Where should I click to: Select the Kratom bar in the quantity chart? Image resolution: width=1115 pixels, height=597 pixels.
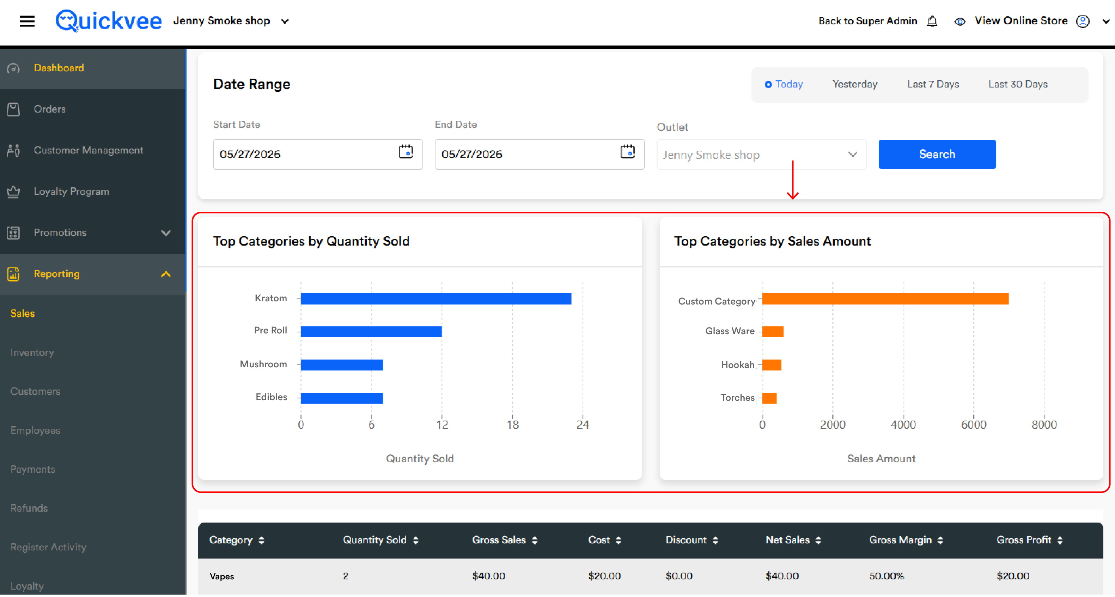point(436,299)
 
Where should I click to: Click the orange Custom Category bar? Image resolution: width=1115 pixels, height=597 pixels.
point(885,299)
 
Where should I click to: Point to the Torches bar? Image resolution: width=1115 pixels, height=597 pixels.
point(769,398)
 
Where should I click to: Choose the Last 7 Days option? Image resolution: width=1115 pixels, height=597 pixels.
point(933,84)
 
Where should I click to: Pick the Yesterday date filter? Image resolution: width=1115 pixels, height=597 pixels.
point(855,84)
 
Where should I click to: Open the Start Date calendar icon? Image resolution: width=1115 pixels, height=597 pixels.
point(406,152)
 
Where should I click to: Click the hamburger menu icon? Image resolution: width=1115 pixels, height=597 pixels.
point(27,21)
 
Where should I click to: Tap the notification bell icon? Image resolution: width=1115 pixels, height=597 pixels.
point(932,21)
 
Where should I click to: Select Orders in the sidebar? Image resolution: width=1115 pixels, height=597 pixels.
point(50,109)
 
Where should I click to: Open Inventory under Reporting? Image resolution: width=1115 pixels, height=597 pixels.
point(32,352)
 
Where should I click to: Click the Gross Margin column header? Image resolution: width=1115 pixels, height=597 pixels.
point(900,540)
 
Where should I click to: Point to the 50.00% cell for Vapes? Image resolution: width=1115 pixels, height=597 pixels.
point(886,576)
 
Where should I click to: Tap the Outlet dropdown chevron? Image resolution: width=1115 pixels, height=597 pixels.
point(852,155)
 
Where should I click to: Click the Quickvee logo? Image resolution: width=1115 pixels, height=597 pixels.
point(108,21)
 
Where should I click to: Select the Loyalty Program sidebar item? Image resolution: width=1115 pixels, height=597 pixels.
point(72,192)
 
